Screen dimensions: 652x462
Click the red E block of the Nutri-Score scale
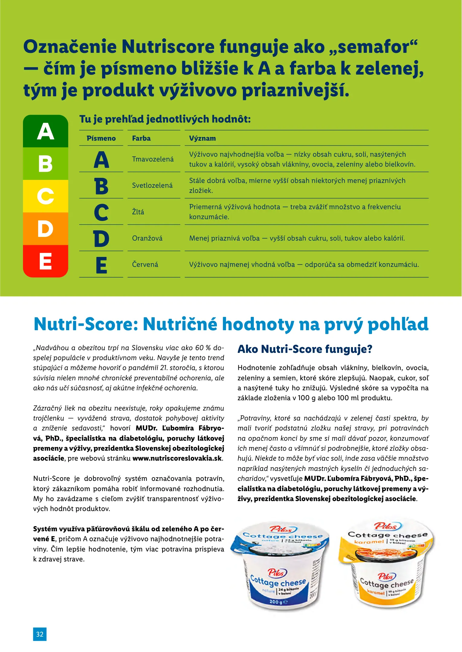(x=46, y=261)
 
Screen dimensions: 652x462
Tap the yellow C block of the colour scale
(x=46, y=196)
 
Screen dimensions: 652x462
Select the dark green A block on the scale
(x=46, y=131)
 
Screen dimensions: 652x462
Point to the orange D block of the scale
(x=46, y=229)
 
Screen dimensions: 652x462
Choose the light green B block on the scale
(x=46, y=164)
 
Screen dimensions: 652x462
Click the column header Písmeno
(x=101, y=138)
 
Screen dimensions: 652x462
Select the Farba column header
(x=141, y=138)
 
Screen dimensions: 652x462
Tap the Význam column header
(x=202, y=138)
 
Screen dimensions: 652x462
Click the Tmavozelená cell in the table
(x=153, y=159)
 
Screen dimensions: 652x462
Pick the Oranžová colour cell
(x=147, y=238)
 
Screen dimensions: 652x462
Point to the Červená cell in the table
(x=145, y=264)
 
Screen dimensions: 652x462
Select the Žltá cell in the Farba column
(x=138, y=212)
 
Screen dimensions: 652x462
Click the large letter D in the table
(x=101, y=238)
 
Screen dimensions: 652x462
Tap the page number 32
(x=40, y=634)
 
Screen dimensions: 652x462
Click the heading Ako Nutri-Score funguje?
(x=305, y=349)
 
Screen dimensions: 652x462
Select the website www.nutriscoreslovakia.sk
(x=177, y=458)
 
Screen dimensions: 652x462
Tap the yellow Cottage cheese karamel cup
(x=387, y=564)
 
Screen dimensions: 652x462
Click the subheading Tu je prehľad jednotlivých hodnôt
(x=165, y=119)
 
